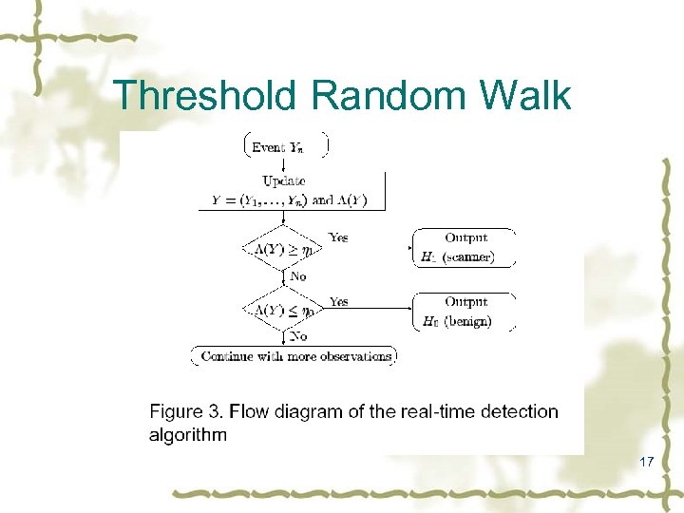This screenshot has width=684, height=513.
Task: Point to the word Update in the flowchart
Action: click(x=284, y=180)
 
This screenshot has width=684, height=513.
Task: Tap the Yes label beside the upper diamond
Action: click(x=338, y=237)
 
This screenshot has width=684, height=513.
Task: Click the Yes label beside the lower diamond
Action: click(x=338, y=301)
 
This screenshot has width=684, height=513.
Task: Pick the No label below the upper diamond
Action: click(x=297, y=276)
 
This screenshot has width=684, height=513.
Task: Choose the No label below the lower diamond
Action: click(x=297, y=336)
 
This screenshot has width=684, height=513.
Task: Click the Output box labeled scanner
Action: click(x=465, y=247)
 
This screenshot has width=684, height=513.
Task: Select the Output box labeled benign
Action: click(x=465, y=312)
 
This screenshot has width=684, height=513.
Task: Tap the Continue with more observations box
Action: click(x=294, y=356)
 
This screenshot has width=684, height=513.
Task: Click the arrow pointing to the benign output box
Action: click(x=370, y=309)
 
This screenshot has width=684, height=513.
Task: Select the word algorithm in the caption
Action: click(x=188, y=435)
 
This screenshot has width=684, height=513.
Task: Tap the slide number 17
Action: click(x=647, y=462)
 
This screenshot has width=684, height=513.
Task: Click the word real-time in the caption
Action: click(x=428, y=411)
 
